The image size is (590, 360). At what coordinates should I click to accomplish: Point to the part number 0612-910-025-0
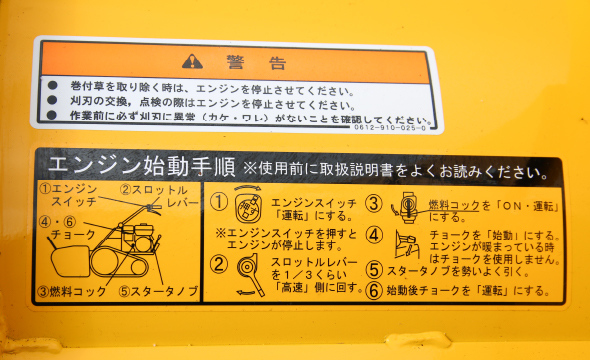390,127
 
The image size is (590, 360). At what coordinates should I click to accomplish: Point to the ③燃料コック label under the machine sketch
73,292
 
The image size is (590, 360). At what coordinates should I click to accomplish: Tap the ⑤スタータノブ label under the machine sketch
156,292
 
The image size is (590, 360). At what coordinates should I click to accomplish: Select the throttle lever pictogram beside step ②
247,273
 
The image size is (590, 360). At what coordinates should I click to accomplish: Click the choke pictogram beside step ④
405,244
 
